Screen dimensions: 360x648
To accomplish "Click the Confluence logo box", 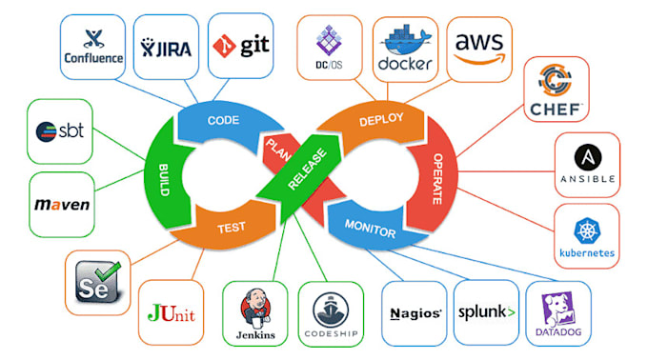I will click(93, 46).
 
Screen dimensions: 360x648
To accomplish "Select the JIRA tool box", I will click(165, 45).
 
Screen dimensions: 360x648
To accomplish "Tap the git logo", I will click(239, 44).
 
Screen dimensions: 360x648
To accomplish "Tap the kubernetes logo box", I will click(585, 237).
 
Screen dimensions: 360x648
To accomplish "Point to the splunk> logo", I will click(486, 311).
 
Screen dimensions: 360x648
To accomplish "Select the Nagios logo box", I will click(415, 312).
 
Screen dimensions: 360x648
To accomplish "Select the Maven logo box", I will click(63, 205).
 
